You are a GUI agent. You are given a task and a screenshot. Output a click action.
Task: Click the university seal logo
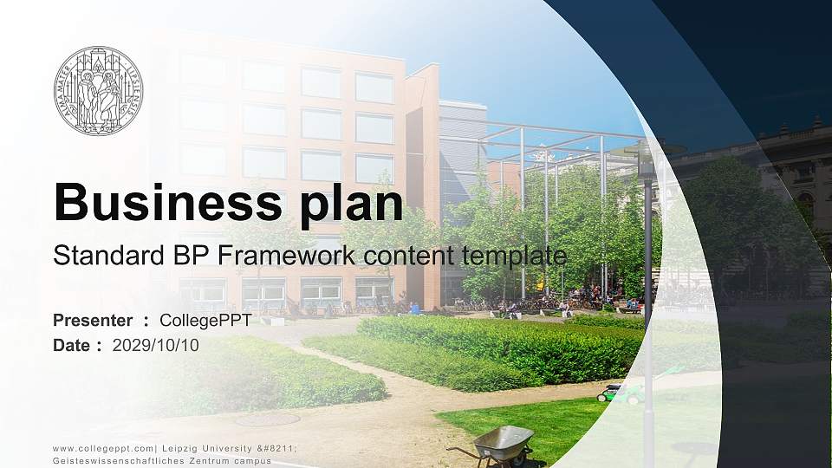(98, 90)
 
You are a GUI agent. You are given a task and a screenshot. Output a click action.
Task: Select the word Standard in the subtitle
(97, 256)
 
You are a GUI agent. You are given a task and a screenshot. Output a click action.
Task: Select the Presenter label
(93, 321)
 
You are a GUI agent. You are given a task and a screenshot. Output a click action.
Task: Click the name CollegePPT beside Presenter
(205, 321)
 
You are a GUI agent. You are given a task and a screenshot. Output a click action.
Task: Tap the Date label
(72, 345)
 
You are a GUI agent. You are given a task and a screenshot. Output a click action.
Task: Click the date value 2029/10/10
(155, 345)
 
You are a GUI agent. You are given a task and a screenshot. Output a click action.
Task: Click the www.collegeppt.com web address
(101, 448)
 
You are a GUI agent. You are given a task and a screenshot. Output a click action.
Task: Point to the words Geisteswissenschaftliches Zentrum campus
(162, 460)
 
